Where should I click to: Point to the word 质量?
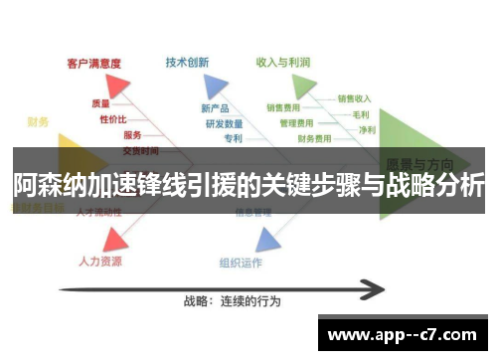tap(100, 102)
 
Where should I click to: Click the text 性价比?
tap(112, 118)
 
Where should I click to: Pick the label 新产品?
tap(214, 107)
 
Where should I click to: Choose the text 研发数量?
tap(224, 123)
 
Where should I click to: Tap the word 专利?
tap(234, 138)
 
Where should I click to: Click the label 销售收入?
tap(354, 98)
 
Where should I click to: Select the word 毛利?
tap(361, 114)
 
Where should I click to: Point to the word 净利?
tap(367, 129)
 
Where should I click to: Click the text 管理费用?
tap(297, 122)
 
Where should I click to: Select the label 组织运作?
tap(241, 263)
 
